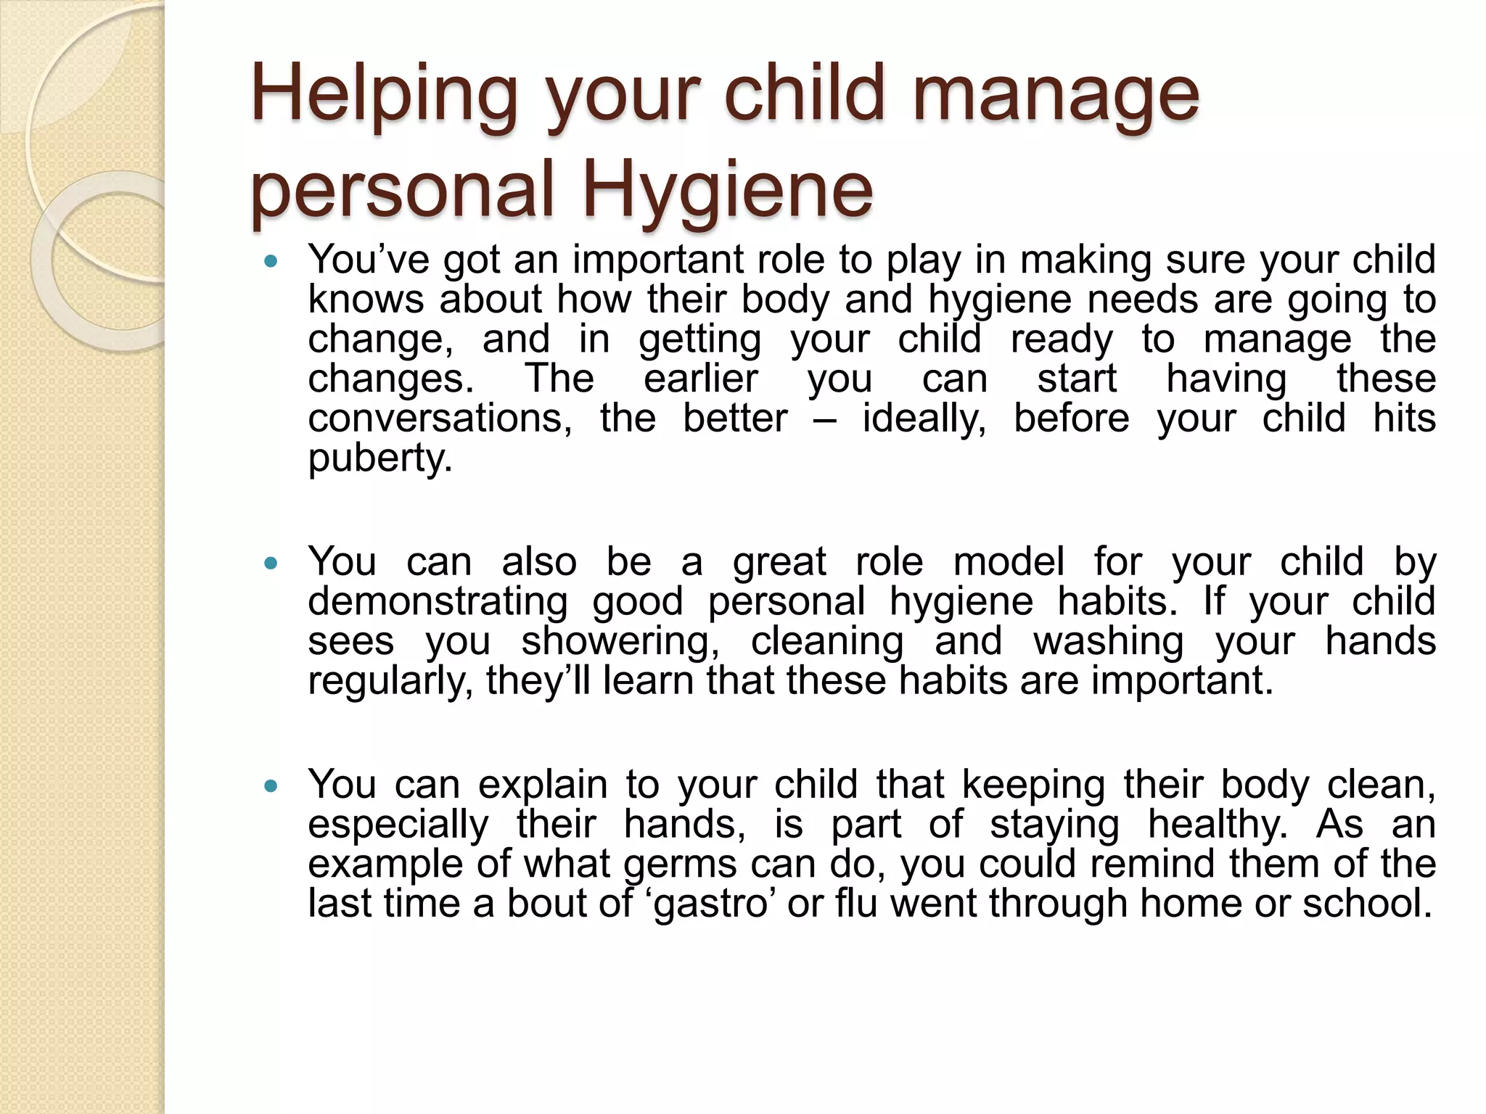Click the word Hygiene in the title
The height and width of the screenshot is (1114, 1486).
pyautogui.click(x=727, y=191)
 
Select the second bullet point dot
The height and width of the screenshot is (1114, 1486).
pyautogui.click(x=271, y=563)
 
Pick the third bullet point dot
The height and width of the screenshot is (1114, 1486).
pyautogui.click(x=271, y=785)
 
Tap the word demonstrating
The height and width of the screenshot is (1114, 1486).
pyautogui.click(x=438, y=602)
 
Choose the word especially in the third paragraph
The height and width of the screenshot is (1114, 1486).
pyautogui.click(x=398, y=825)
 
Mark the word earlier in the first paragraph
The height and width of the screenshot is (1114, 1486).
pyautogui.click(x=700, y=379)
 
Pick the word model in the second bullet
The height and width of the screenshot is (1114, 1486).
pyautogui.click(x=1009, y=562)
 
